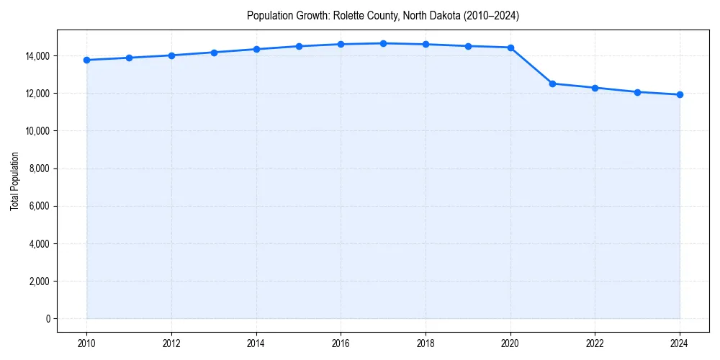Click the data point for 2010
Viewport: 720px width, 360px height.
[86, 60]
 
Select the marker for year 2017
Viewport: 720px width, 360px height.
[383, 43]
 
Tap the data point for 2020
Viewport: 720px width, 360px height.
[510, 48]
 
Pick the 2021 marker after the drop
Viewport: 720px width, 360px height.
[552, 84]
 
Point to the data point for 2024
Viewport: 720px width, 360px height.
[680, 94]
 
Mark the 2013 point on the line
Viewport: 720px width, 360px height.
[214, 52]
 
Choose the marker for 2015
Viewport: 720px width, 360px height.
[299, 46]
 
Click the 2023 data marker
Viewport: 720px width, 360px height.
[637, 92]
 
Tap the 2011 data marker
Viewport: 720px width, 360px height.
[129, 58]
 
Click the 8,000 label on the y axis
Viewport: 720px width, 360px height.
[38, 168]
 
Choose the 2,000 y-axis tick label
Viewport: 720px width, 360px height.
[38, 282]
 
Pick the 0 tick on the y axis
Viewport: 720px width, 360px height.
[47, 319]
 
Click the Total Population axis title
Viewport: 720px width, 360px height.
[14, 181]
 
